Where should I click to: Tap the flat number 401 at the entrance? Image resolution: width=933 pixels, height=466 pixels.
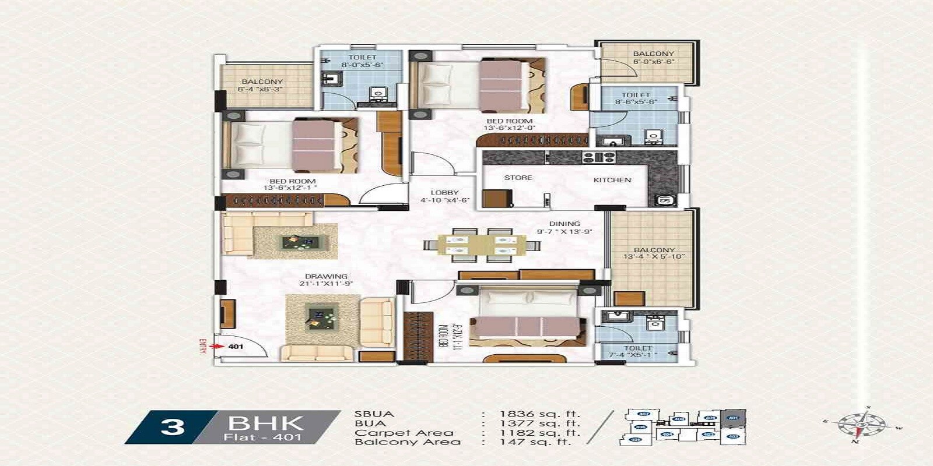tap(236, 347)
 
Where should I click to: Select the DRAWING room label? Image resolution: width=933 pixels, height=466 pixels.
tap(326, 277)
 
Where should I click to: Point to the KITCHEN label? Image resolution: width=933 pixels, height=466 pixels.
tap(612, 180)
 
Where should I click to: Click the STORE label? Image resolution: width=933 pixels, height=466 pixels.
tap(518, 178)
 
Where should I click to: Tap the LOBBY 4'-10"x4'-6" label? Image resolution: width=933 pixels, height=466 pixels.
tap(445, 196)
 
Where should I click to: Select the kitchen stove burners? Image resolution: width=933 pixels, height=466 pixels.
tap(599, 157)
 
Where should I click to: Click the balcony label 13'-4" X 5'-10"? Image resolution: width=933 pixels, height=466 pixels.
tap(654, 253)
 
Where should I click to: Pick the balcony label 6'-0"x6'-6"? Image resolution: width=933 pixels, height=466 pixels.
tap(653, 57)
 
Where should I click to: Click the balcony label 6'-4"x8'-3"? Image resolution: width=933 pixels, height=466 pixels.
tap(262, 86)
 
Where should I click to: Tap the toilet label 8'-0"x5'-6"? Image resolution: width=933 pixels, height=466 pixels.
tap(362, 61)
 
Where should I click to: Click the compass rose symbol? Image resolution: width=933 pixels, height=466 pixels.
tap(861, 425)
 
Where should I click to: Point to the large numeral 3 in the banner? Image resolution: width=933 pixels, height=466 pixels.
tap(172, 427)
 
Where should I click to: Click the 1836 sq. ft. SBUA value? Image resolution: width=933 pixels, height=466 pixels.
tap(539, 414)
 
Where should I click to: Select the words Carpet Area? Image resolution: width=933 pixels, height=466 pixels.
tap(404, 433)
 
